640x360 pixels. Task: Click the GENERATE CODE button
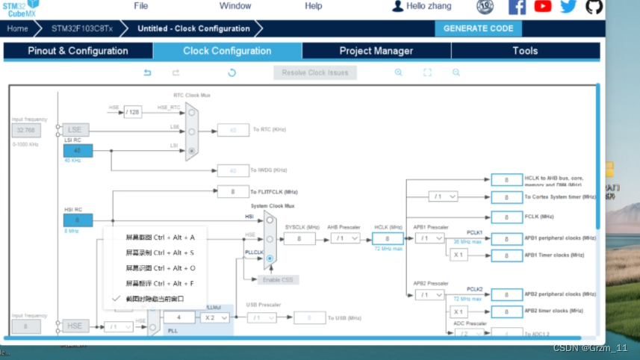tap(478, 28)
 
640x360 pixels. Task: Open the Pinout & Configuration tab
tap(78, 51)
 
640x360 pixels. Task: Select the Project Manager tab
tap(376, 51)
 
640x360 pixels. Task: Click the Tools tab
tap(524, 51)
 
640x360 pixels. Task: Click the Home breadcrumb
tap(17, 28)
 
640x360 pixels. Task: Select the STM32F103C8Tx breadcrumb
tap(82, 28)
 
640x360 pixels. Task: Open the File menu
tap(140, 6)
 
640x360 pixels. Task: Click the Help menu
tap(314, 6)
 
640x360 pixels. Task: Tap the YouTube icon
tap(543, 7)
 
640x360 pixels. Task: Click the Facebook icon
tap(517, 7)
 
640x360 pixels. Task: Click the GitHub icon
tap(594, 7)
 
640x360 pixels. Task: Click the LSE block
tap(75, 130)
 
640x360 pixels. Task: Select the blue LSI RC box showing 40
tap(78, 150)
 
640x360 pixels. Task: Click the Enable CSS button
tap(279, 279)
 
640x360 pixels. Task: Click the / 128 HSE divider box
tap(132, 112)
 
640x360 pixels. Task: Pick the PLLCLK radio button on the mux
tap(270, 258)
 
